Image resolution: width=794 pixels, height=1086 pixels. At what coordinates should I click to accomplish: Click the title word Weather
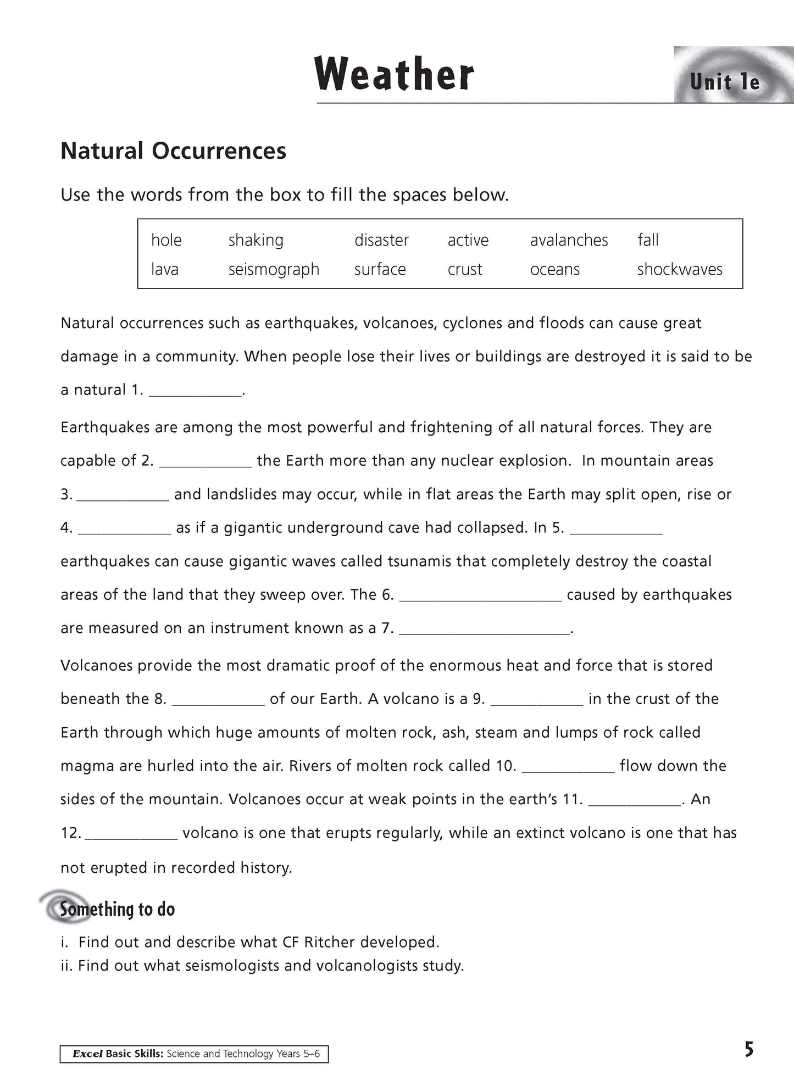[x=395, y=75]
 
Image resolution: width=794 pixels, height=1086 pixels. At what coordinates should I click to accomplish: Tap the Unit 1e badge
[x=725, y=82]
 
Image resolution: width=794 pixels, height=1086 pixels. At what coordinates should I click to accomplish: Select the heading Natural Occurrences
[x=173, y=151]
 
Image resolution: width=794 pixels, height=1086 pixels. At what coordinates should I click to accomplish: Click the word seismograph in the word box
[x=274, y=269]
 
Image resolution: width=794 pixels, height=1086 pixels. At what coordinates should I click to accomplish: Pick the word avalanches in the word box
[x=569, y=240]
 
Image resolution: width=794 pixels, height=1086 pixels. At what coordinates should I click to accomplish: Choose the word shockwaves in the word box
[x=680, y=269]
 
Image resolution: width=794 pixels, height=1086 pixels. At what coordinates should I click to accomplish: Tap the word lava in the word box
[x=164, y=269]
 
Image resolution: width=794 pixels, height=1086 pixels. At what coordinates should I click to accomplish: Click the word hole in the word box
[x=166, y=240]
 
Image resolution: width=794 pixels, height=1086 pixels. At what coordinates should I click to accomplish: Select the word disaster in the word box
[x=381, y=240]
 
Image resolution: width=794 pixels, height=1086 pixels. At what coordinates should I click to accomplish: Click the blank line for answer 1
[x=195, y=391]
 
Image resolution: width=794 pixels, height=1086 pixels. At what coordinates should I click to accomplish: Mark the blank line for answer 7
[x=484, y=630]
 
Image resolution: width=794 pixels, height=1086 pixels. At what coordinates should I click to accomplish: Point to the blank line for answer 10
[x=568, y=767]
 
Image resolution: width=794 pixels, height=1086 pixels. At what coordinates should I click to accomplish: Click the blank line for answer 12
[x=132, y=834]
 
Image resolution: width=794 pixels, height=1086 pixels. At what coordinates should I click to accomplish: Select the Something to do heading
[x=117, y=910]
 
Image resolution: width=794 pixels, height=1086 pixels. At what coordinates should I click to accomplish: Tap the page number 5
[x=748, y=1050]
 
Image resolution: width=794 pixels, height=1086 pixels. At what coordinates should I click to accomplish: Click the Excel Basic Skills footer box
[x=194, y=1054]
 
